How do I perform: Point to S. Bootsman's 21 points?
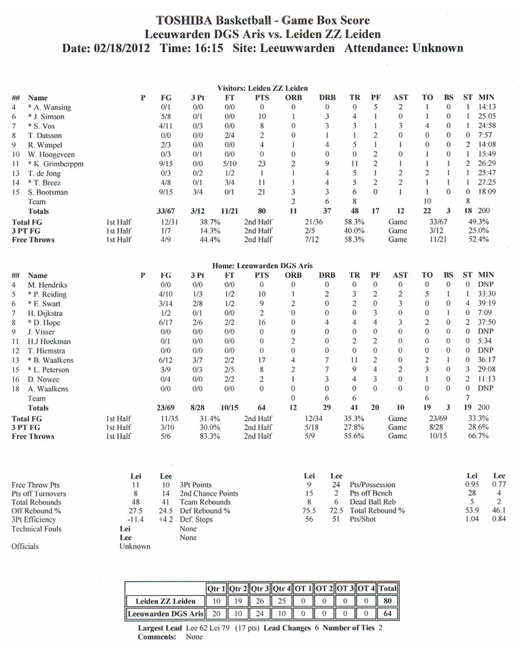click(x=262, y=192)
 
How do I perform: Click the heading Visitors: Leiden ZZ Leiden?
click(x=263, y=88)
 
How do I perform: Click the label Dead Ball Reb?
click(x=370, y=502)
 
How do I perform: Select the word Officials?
click(x=25, y=547)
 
